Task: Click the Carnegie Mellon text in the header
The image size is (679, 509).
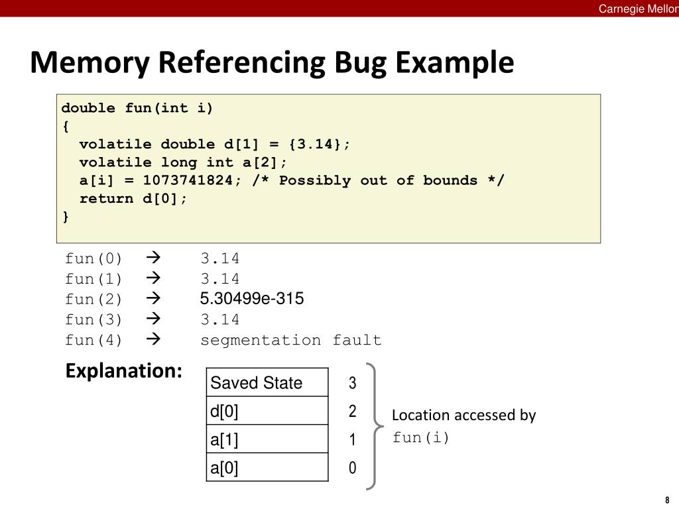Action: (x=638, y=9)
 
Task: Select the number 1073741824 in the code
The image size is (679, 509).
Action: (x=188, y=180)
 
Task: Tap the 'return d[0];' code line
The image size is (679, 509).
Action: (x=133, y=199)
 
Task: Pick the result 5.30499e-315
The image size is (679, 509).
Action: (x=252, y=299)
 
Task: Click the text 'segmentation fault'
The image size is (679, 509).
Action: (x=291, y=341)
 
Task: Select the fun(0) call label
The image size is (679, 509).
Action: (x=93, y=258)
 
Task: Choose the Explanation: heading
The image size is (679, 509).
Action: (x=123, y=371)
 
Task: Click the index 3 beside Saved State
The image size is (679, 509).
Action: (x=353, y=383)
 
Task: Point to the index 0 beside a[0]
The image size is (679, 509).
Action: (x=353, y=469)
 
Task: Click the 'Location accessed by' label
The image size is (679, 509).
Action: (x=463, y=416)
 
